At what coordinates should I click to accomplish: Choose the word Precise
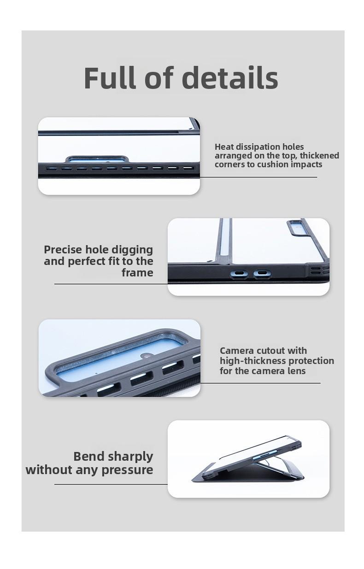[x=63, y=249]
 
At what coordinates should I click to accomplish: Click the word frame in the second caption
[x=137, y=273]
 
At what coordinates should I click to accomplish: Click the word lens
[x=297, y=371]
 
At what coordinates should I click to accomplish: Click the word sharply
[x=130, y=457]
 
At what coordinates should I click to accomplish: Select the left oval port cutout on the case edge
[x=239, y=274]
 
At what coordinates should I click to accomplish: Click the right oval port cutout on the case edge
[x=262, y=274]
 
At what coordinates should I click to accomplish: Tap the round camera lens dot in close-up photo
[x=147, y=356]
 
